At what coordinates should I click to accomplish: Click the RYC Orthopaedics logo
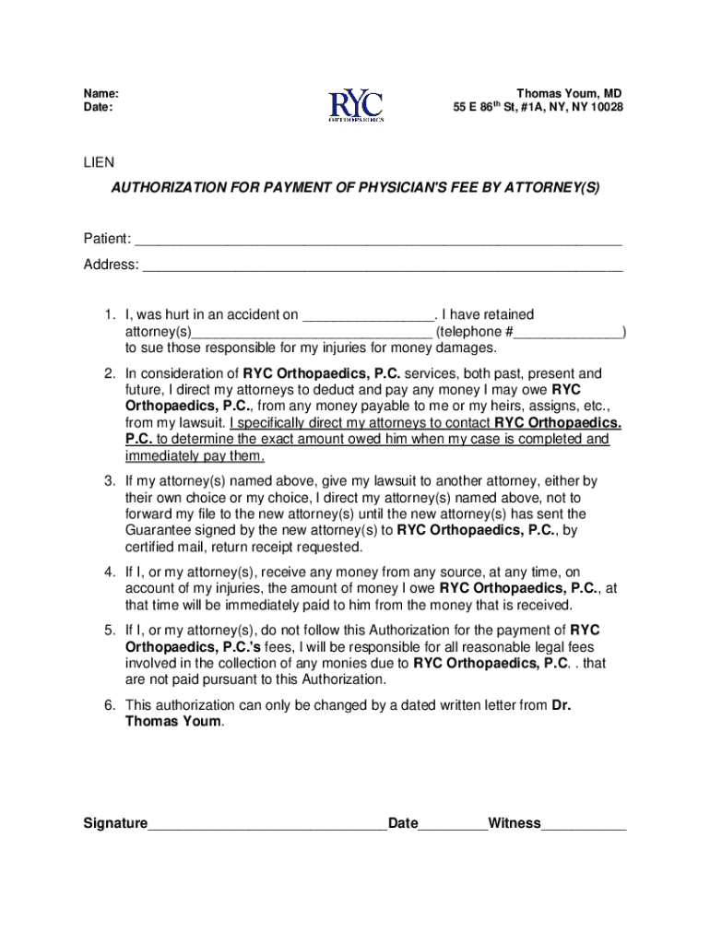(356, 102)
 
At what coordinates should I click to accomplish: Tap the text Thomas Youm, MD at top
(569, 93)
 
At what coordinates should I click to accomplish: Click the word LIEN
(99, 162)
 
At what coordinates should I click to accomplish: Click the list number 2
(109, 373)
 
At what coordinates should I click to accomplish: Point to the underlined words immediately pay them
(195, 456)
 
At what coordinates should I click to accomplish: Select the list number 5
(109, 630)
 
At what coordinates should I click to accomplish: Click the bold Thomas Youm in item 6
(173, 722)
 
